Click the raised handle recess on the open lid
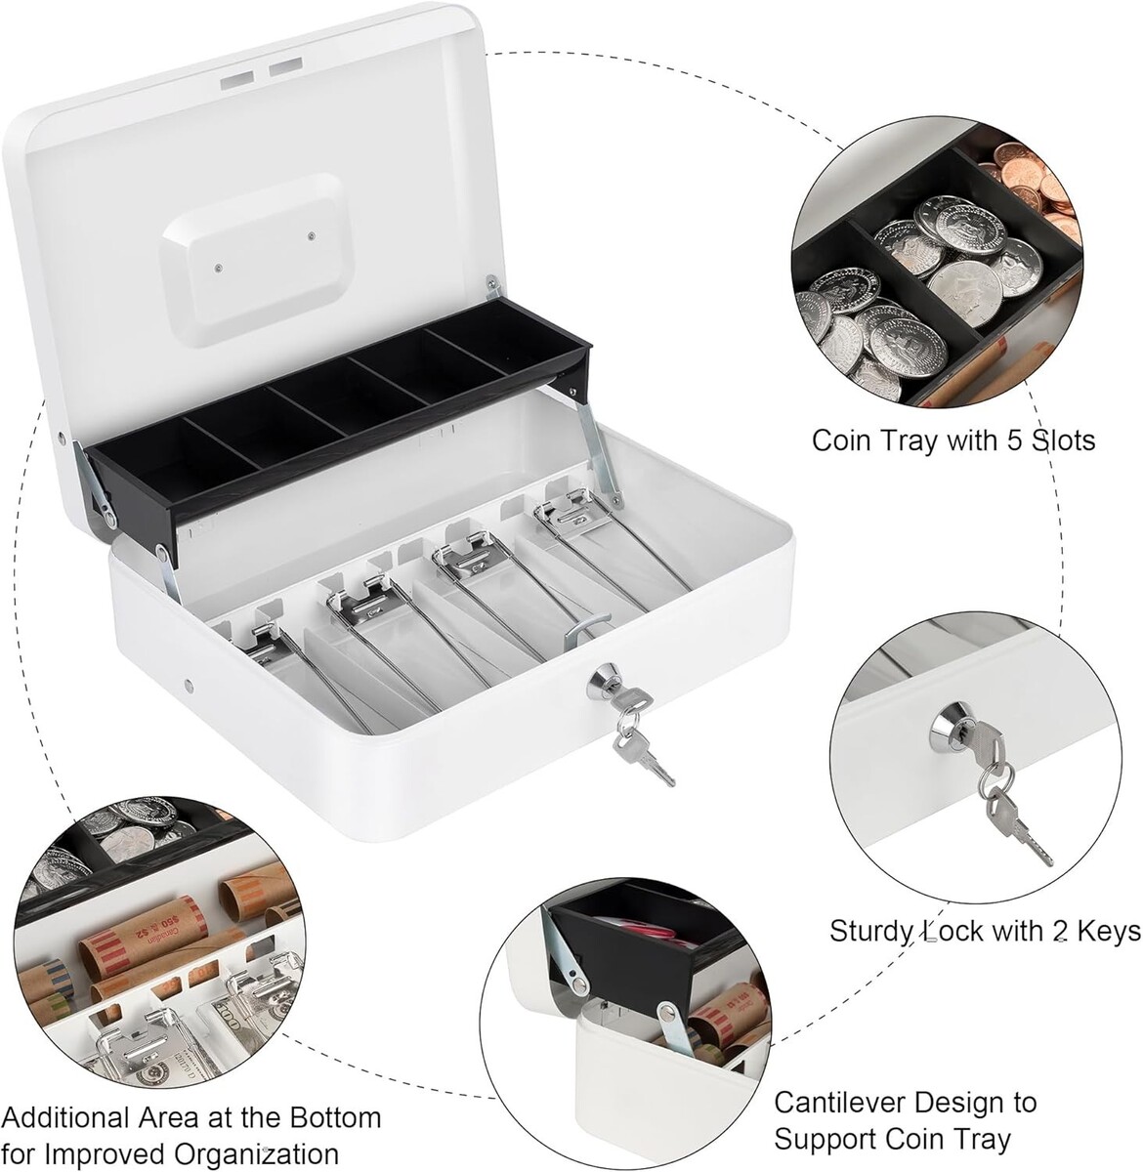coord(251,260)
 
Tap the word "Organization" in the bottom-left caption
coord(256,1155)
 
